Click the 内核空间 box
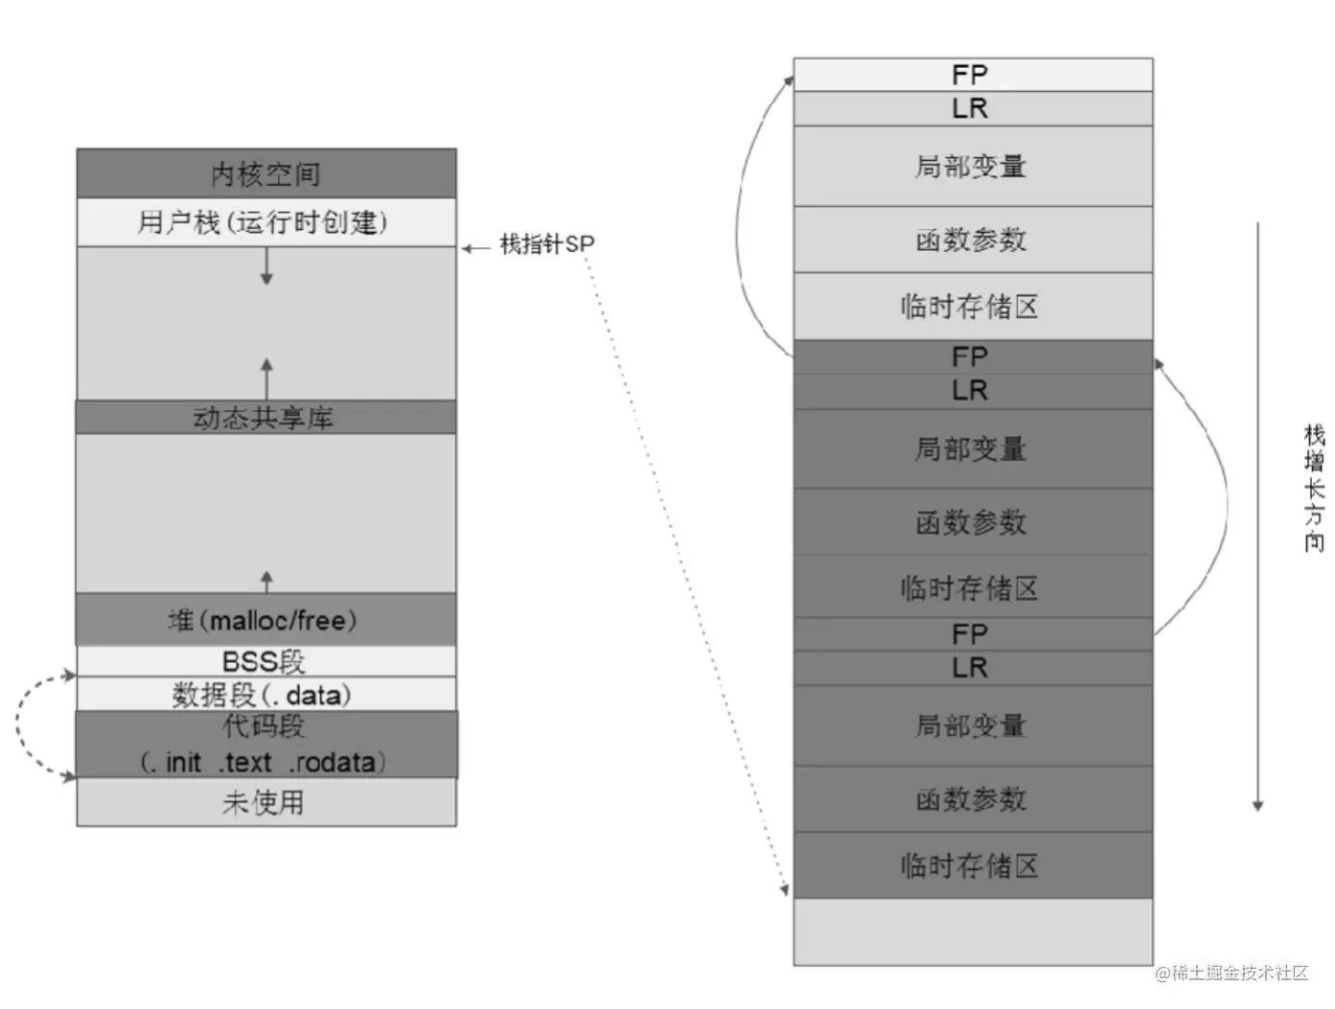coord(266,173)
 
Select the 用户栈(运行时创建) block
coord(266,222)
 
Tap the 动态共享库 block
coord(266,417)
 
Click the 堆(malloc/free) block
coord(266,619)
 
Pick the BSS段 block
coord(266,661)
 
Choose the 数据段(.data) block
coord(266,694)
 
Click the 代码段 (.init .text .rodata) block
coord(266,744)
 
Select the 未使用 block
coord(266,801)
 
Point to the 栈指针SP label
coord(547,244)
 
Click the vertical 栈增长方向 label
coord(1313,489)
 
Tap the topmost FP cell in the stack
coord(973,75)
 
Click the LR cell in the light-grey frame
coord(973,108)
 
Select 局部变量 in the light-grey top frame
coord(973,166)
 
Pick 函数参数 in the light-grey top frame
coord(973,239)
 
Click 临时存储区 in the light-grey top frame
coord(973,306)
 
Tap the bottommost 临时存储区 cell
coord(973,865)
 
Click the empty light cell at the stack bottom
coord(973,931)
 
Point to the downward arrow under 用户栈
coord(266,265)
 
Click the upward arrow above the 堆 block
coord(266,581)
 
